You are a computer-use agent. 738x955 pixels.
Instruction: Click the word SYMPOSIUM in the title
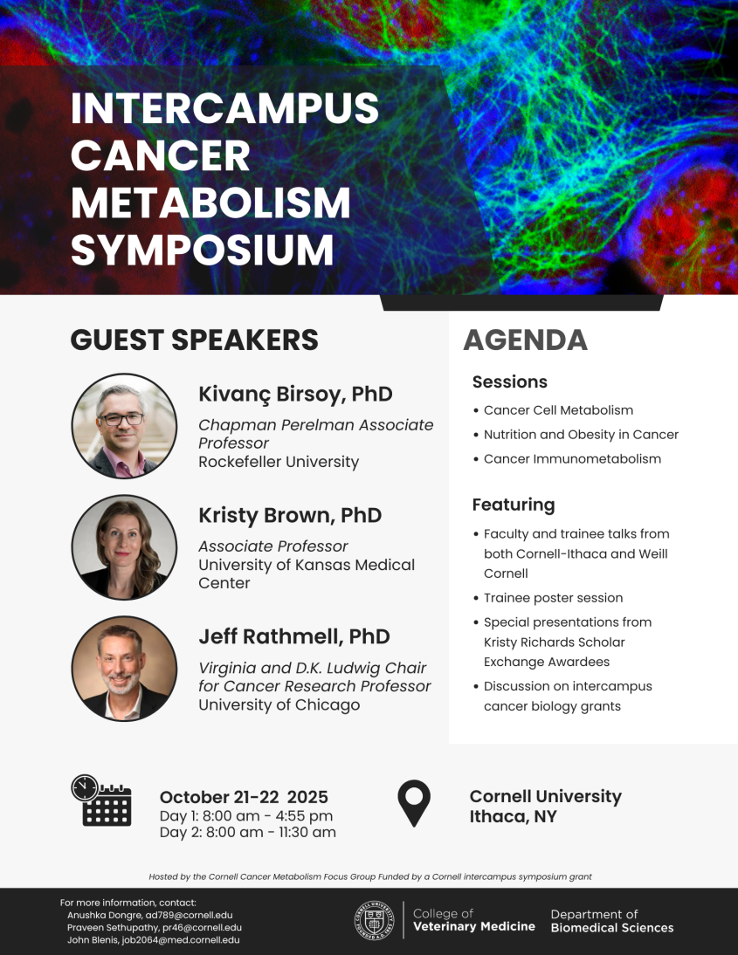point(202,250)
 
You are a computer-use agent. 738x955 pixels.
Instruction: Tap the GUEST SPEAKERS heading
point(194,340)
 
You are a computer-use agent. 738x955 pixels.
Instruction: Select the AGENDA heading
point(525,340)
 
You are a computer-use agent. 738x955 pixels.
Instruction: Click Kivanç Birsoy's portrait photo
point(124,426)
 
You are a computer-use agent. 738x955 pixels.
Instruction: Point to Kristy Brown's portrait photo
point(124,547)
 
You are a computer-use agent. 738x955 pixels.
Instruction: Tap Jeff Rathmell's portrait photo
point(124,669)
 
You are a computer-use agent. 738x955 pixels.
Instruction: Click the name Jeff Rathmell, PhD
point(293,636)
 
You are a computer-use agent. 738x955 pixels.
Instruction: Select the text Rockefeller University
point(279,462)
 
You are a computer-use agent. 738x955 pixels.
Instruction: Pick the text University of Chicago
point(279,704)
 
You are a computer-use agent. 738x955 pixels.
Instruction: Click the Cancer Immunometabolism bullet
point(572,459)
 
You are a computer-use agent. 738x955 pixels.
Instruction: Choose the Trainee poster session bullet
point(553,598)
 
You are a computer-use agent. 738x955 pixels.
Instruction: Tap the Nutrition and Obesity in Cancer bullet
point(581,435)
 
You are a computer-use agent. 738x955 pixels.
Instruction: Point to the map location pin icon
point(414,803)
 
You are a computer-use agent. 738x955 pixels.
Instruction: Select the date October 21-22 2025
point(244,797)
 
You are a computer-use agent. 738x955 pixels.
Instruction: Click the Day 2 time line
point(247,833)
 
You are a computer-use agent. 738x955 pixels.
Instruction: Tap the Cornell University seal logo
point(374,921)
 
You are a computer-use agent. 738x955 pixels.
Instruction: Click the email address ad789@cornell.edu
point(189,915)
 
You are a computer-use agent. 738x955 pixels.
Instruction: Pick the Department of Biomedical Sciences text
point(611,921)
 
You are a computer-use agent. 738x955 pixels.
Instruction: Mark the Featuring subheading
point(514,505)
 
